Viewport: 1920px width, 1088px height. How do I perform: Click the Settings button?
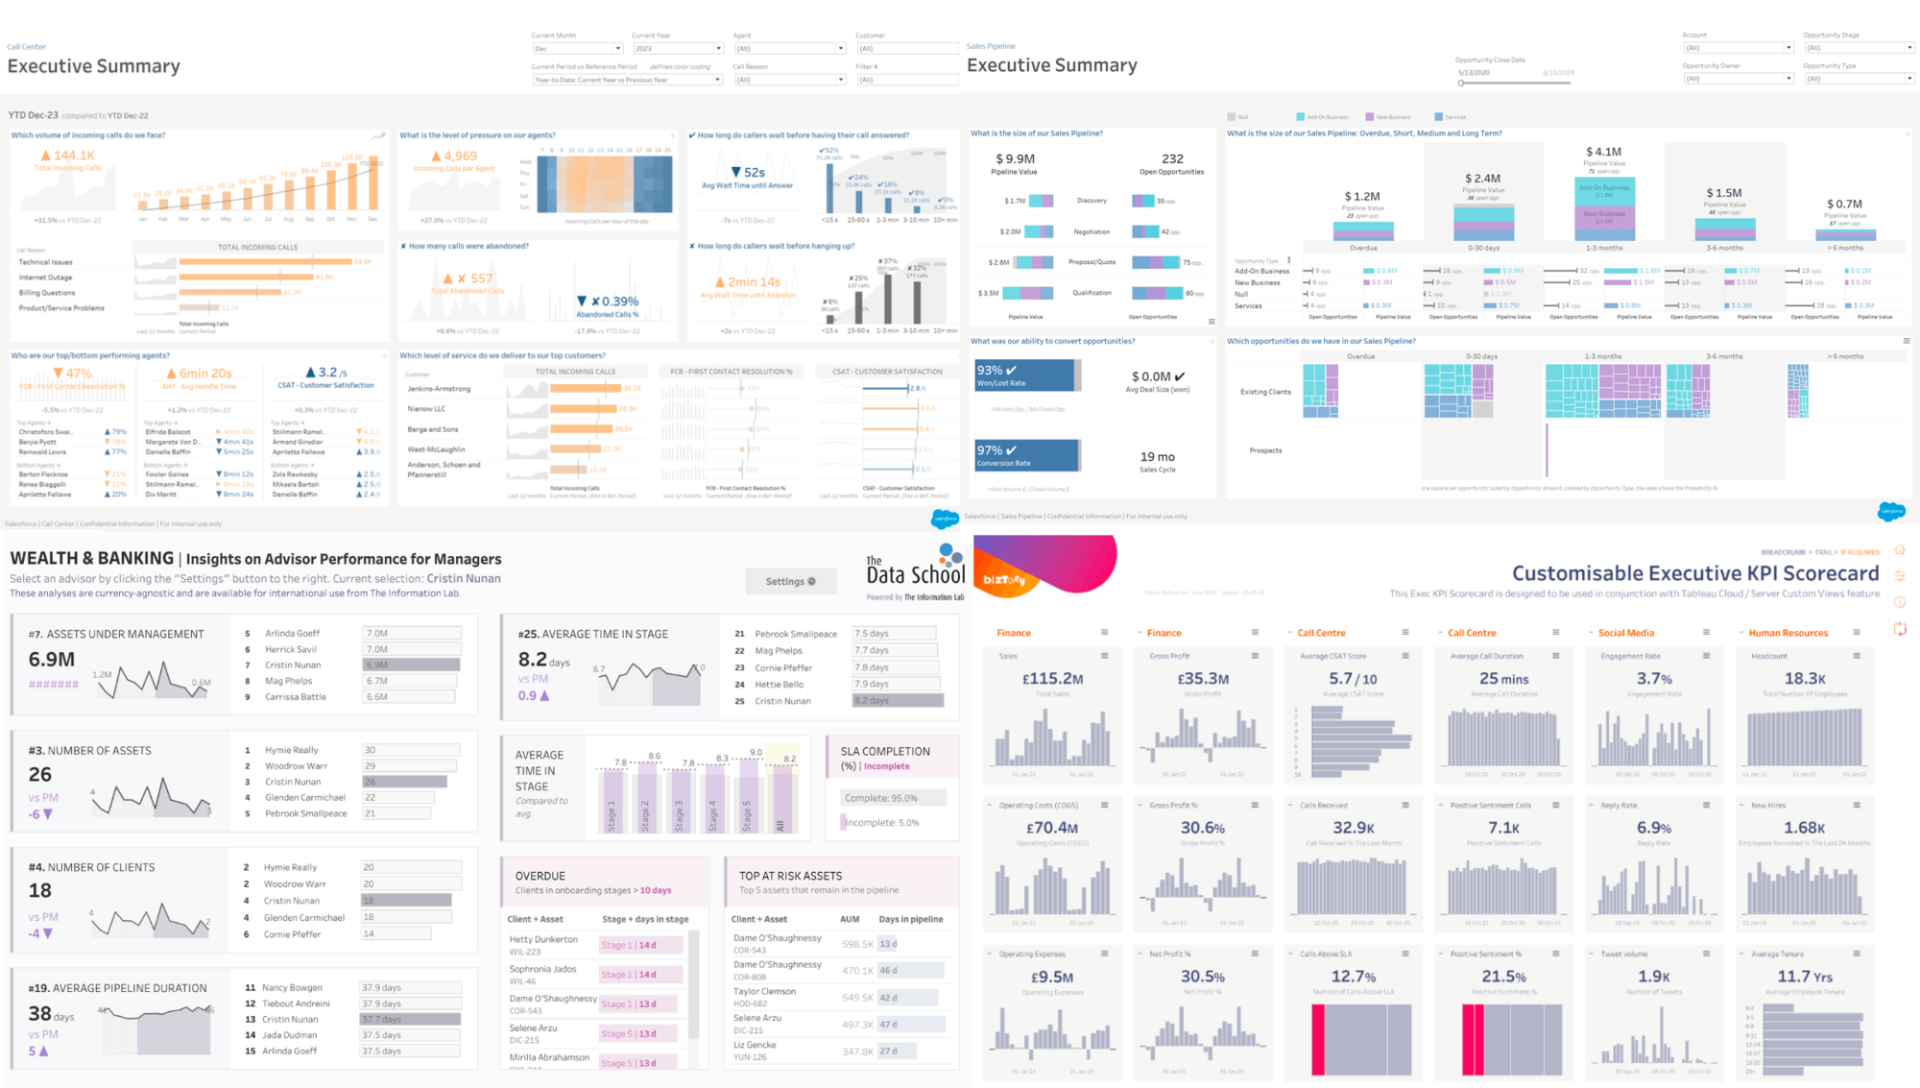(790, 581)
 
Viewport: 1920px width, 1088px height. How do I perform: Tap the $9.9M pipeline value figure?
(1015, 159)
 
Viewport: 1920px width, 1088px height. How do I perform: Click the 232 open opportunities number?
(1172, 159)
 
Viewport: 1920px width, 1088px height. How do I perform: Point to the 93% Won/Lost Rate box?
(1024, 375)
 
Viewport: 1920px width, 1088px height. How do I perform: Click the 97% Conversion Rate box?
(1024, 455)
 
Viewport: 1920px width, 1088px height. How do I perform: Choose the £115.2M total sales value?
(1052, 679)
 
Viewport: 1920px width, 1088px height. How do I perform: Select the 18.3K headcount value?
(1805, 679)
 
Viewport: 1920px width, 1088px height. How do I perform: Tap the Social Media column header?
(1625, 633)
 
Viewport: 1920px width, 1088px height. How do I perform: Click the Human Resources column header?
(1788, 633)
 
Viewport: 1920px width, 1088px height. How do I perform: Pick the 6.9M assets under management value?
(52, 660)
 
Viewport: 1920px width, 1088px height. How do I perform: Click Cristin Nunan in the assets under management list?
(293, 665)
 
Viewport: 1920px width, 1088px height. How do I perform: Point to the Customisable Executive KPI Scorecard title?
(1694, 573)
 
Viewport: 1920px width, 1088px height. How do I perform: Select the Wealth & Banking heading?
(92, 558)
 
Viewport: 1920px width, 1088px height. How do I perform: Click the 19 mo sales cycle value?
(1157, 457)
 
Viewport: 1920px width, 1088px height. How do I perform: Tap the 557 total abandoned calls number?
(481, 278)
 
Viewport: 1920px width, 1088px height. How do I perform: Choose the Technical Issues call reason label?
(45, 262)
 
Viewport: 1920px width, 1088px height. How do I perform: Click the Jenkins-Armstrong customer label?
(439, 389)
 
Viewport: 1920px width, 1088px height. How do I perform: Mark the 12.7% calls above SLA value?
(1353, 977)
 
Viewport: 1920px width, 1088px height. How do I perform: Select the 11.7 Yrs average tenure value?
(1805, 977)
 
